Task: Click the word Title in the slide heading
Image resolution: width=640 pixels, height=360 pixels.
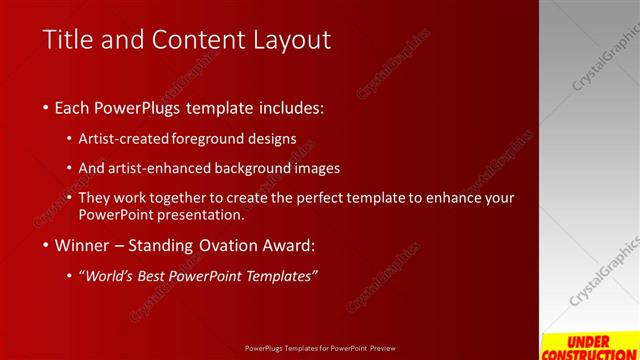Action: coord(69,39)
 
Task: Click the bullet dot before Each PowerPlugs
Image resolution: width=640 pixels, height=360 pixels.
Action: coord(47,106)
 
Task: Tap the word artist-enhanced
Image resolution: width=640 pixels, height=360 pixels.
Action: coord(166,168)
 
